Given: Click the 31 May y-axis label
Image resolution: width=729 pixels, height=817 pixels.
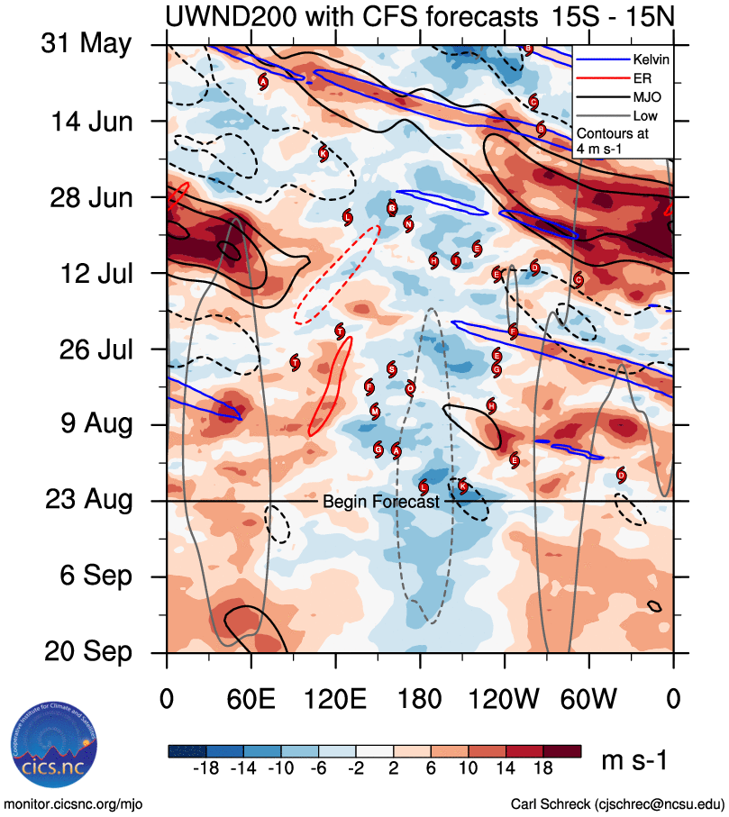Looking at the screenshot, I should click(x=87, y=44).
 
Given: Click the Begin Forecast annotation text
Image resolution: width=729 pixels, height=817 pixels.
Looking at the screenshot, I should click(x=380, y=502).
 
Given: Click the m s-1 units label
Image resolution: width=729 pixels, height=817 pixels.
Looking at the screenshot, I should click(x=634, y=761).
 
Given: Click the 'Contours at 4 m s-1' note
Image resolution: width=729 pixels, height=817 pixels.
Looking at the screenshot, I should click(x=612, y=140).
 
